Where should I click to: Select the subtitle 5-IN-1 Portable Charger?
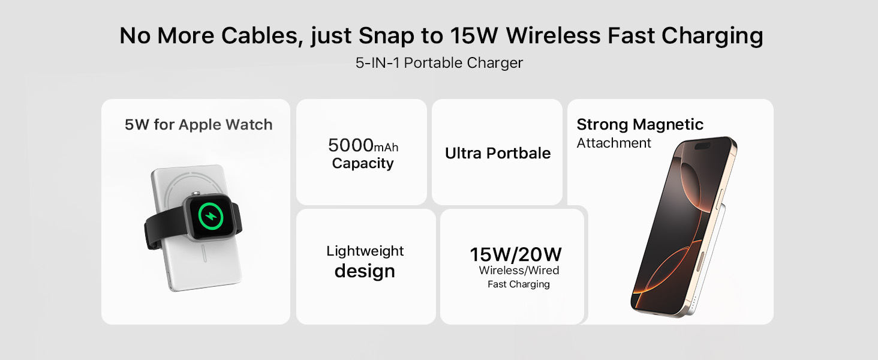coord(439,63)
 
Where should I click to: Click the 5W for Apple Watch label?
coord(199,125)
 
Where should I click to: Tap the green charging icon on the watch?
coord(211,217)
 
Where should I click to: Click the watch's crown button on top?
coord(194,193)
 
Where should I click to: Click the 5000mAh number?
coord(363,145)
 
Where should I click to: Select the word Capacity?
coord(363,163)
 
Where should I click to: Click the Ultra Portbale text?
coord(498,153)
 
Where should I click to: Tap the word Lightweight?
coord(365,251)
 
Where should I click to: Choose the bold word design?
coord(365,271)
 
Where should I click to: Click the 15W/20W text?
coord(516,254)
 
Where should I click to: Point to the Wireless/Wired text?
coord(519,271)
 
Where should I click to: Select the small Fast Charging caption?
coord(519,284)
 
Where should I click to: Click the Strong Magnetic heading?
coord(640,125)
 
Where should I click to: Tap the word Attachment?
coord(614,143)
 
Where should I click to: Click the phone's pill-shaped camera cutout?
coord(701,146)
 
